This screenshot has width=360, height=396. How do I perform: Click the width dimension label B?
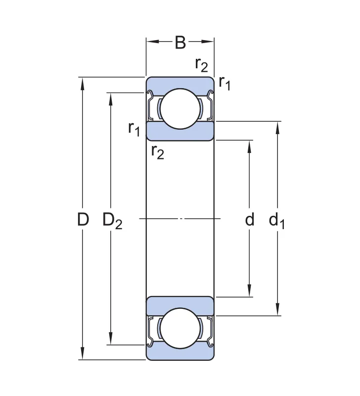click(x=180, y=43)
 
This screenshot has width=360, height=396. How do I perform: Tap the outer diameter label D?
click(x=83, y=219)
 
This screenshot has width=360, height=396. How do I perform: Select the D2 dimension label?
click(x=112, y=221)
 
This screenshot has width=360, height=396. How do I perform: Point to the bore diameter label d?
click(x=250, y=219)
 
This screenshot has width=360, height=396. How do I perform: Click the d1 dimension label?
click(x=277, y=221)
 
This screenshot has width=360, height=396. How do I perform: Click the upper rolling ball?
click(x=180, y=108)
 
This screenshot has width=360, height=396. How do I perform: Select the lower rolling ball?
click(x=180, y=328)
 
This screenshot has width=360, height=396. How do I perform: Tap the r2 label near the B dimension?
click(x=201, y=65)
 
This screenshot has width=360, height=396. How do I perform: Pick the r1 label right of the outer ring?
click(x=225, y=83)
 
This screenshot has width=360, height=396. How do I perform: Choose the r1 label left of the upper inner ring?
click(x=134, y=129)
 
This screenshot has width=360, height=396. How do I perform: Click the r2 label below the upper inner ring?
click(x=157, y=152)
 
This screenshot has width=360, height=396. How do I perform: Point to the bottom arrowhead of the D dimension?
click(x=82, y=353)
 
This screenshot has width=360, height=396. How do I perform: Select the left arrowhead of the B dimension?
click(x=152, y=42)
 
